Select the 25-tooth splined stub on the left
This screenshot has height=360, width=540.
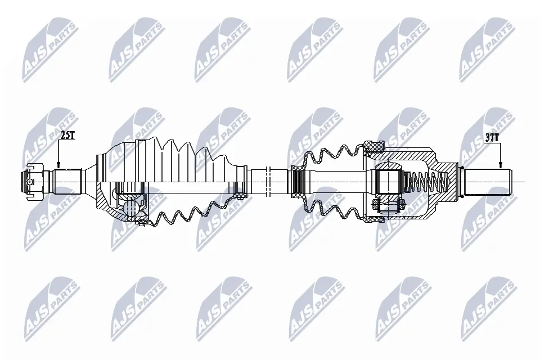point(68,181)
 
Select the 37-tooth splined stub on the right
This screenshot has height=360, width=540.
point(486,181)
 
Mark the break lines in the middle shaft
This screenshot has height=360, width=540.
point(268,181)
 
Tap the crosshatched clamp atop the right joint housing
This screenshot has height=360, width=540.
point(372,148)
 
